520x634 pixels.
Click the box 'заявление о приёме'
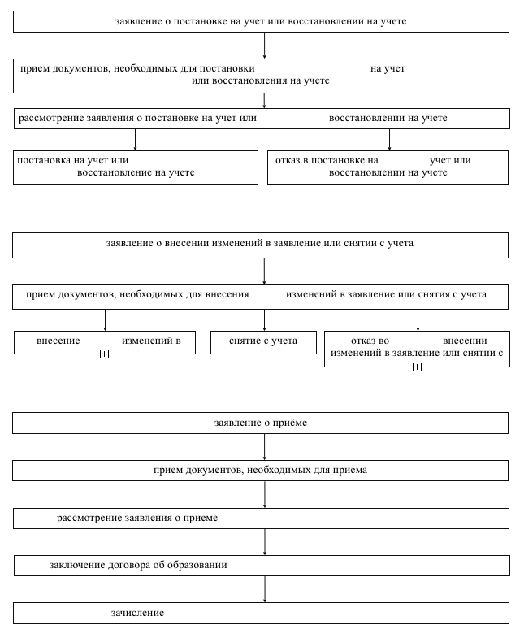coord(260,423)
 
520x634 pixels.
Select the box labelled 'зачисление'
coord(261,613)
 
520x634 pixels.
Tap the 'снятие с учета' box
coord(263,342)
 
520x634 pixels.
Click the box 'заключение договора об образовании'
coord(262,565)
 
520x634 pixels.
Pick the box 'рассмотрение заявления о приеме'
coord(261,519)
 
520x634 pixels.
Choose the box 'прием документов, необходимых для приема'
coord(260,471)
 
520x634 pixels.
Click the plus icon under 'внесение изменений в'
coord(104,354)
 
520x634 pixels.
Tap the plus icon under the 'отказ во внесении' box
coord(417,367)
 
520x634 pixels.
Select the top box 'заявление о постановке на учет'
coord(261,21)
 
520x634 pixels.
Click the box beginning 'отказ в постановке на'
coord(388,167)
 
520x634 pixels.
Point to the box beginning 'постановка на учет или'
coord(136,167)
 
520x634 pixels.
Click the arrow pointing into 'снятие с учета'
coord(264,320)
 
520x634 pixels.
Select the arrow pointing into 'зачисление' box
coord(265,589)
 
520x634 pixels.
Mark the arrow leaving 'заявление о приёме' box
coord(265,447)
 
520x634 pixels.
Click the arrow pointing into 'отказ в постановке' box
coord(389,140)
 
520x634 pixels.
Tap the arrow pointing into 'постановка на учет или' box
coord(135,140)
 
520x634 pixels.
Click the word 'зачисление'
coord(137,613)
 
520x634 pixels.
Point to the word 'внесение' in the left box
coord(58,341)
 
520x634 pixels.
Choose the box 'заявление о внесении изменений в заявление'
coord(260,245)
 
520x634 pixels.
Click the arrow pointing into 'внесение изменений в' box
coord(105,320)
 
